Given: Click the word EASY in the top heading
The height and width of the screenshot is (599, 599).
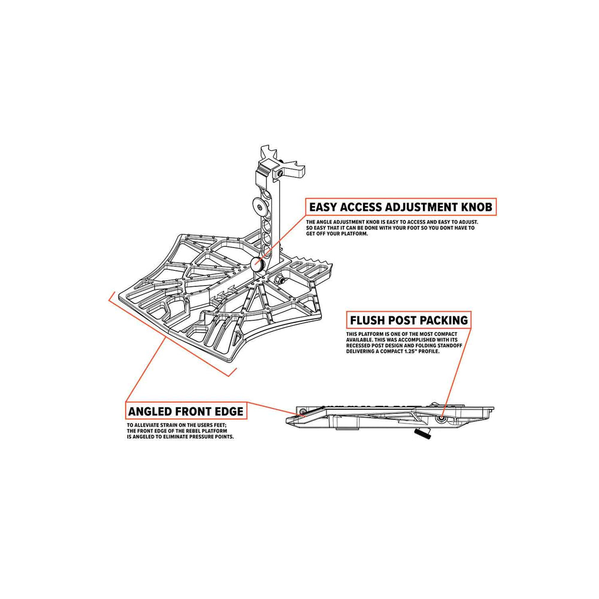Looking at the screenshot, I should (325, 207).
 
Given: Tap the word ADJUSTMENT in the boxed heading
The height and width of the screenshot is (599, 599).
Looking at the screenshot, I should (426, 207).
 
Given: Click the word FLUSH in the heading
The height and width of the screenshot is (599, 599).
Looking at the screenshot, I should (368, 320).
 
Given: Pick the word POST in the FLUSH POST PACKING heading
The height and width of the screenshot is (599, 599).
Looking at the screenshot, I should (404, 320).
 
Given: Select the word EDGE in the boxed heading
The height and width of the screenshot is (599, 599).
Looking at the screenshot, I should (231, 412).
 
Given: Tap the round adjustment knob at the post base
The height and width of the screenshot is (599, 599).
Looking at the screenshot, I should (258, 264).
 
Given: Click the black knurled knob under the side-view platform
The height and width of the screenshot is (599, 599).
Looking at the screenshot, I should (422, 433).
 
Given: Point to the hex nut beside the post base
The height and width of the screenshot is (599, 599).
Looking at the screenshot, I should (279, 280).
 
